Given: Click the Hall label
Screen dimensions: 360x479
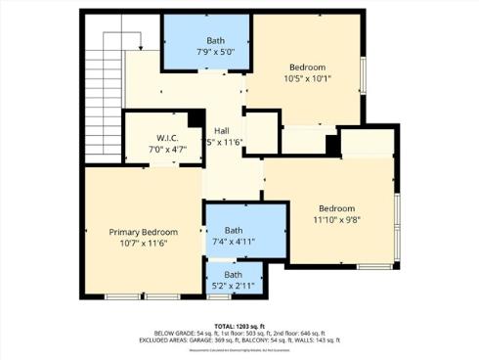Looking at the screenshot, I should coord(222,130).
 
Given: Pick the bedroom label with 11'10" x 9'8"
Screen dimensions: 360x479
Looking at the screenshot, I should coord(336,208).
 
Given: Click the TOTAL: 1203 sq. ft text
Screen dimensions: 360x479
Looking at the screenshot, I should coord(239,325).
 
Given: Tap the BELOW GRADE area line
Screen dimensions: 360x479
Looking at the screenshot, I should coord(239,333).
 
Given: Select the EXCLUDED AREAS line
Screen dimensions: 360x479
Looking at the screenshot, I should coord(239,340).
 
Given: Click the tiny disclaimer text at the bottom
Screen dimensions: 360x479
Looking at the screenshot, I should coord(239,350).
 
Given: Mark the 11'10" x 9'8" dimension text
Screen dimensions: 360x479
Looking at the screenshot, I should coord(336,221).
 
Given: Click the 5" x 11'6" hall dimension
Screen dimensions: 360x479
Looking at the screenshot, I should coord(224,143).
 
